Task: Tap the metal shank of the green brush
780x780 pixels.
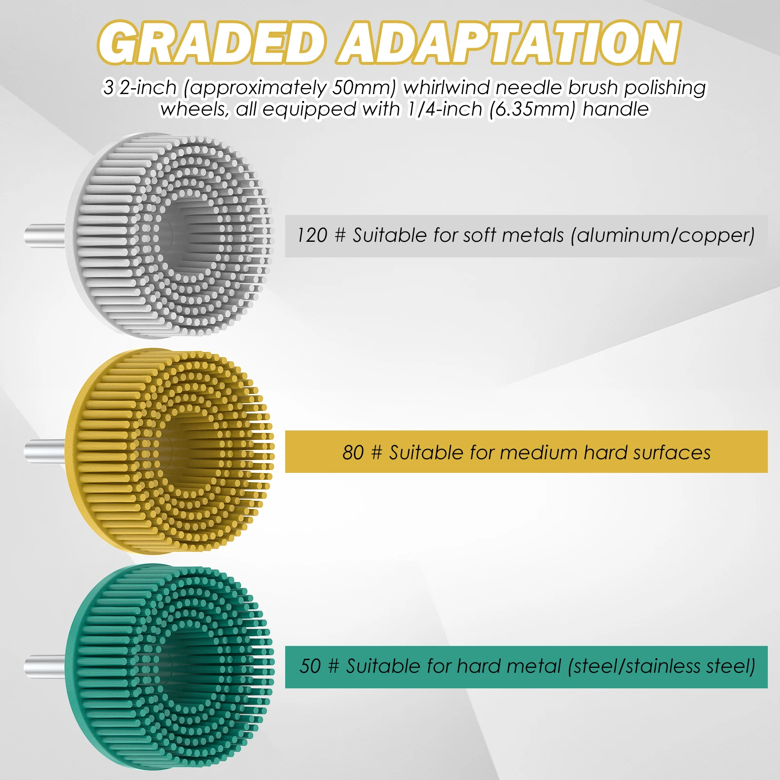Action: point(45,665)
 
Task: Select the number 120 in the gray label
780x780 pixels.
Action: point(312,235)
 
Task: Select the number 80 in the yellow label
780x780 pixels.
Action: point(353,453)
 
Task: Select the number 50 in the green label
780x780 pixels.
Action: point(310,666)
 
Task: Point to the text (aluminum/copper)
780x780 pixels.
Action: point(663,236)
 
